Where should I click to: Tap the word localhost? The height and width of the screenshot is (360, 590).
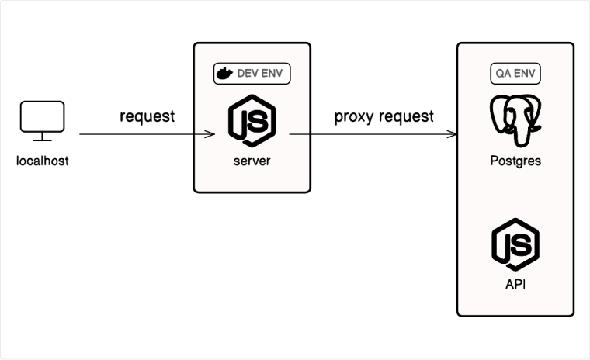coord(43,162)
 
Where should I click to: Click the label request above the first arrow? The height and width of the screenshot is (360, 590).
coord(147,117)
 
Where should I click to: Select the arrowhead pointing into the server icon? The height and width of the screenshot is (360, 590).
coord(210,134)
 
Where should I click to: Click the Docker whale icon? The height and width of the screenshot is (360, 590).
coord(224,74)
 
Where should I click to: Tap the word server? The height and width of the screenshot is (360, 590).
coord(252,161)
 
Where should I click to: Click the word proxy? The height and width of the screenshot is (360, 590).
coord(352,117)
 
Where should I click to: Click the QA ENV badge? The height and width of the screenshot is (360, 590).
coord(515,74)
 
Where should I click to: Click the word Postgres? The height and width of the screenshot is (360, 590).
coord(515,161)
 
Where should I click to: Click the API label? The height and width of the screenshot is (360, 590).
coord(515,284)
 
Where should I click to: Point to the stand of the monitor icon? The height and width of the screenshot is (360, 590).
coord(42,137)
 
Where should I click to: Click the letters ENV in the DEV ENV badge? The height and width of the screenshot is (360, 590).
coord(272,74)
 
